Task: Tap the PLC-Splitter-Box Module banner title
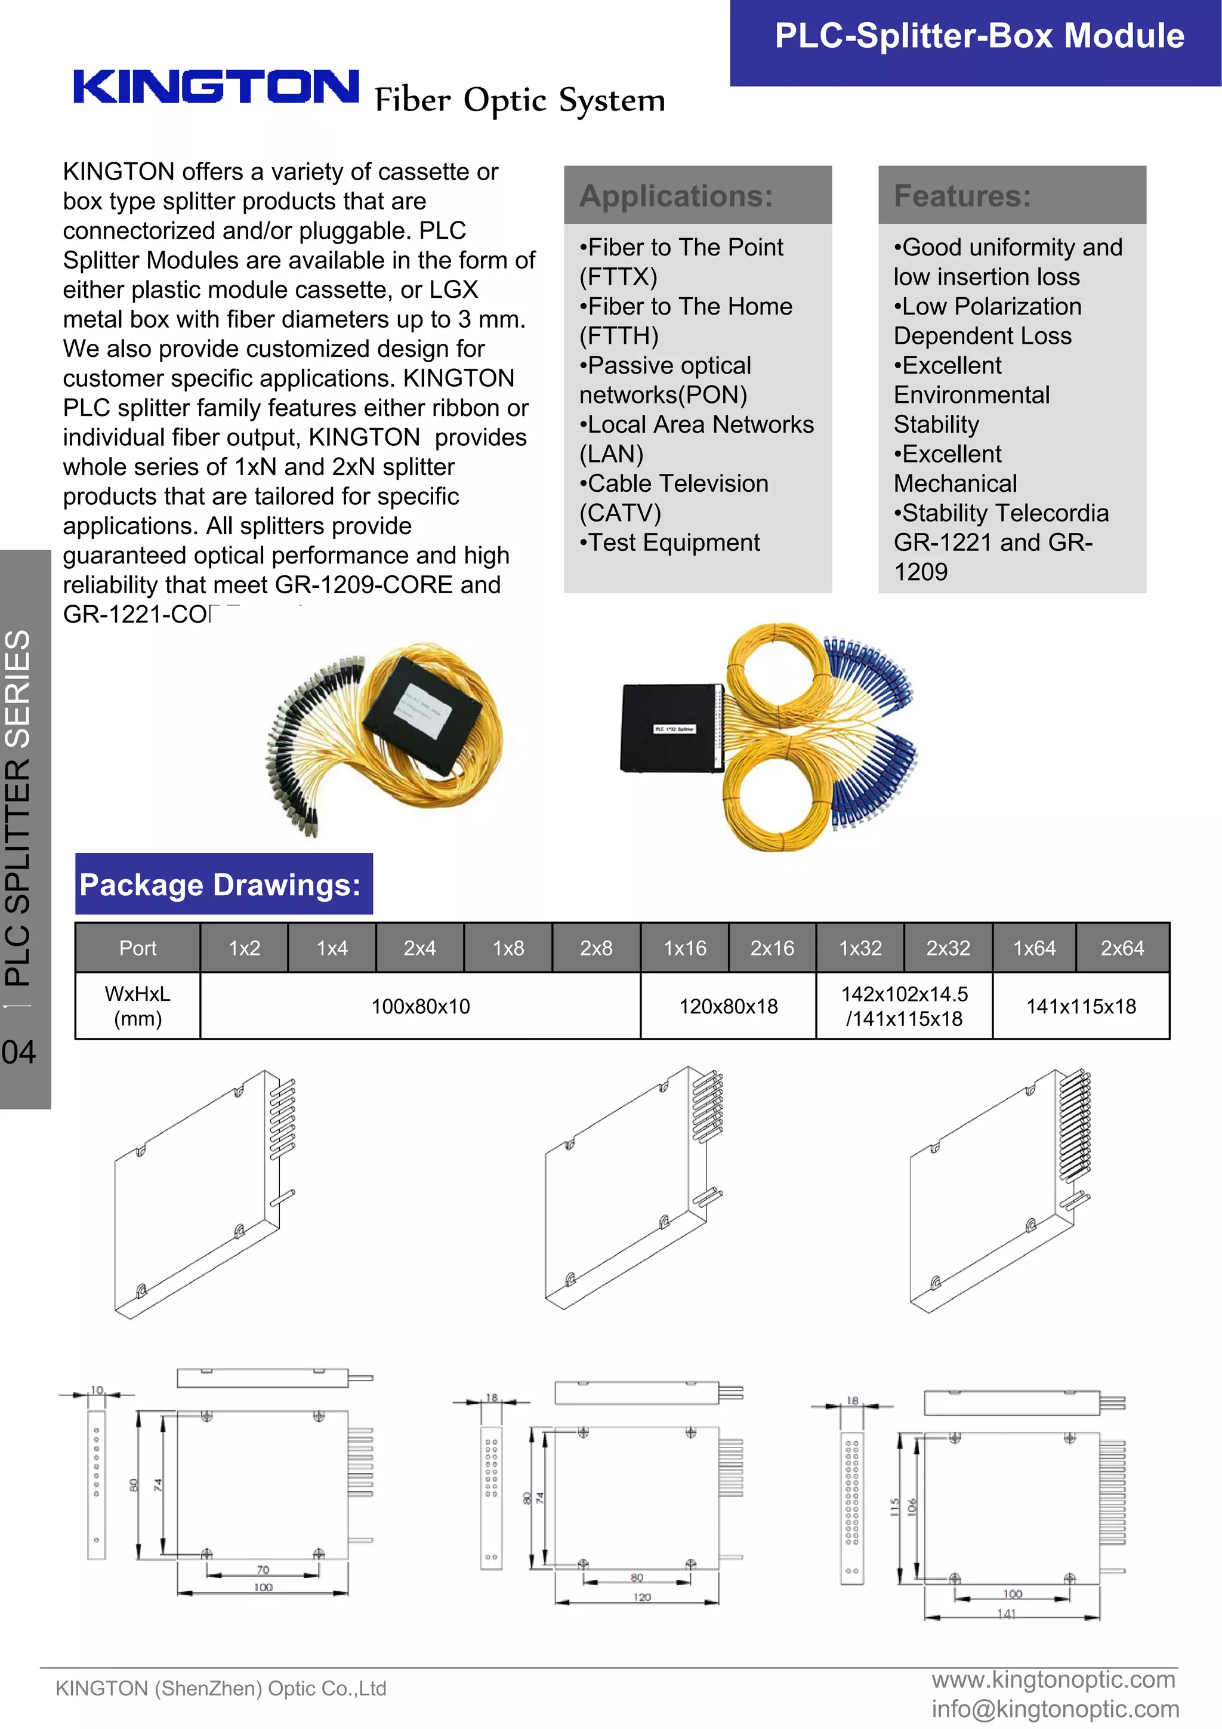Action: click(x=979, y=36)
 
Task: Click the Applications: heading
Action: click(x=675, y=196)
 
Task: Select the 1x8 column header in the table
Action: click(x=508, y=948)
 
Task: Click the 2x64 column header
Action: click(x=1121, y=948)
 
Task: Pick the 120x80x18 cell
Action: click(x=728, y=1006)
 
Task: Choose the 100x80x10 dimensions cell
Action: click(x=420, y=1006)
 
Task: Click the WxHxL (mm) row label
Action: click(x=138, y=1006)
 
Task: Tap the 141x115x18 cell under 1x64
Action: click(x=1081, y=1006)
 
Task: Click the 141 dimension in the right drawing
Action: click(x=1007, y=1614)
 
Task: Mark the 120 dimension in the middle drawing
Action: click(x=641, y=1597)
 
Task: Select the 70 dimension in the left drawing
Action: click(x=263, y=1570)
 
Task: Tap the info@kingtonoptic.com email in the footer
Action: click(x=1054, y=1709)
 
